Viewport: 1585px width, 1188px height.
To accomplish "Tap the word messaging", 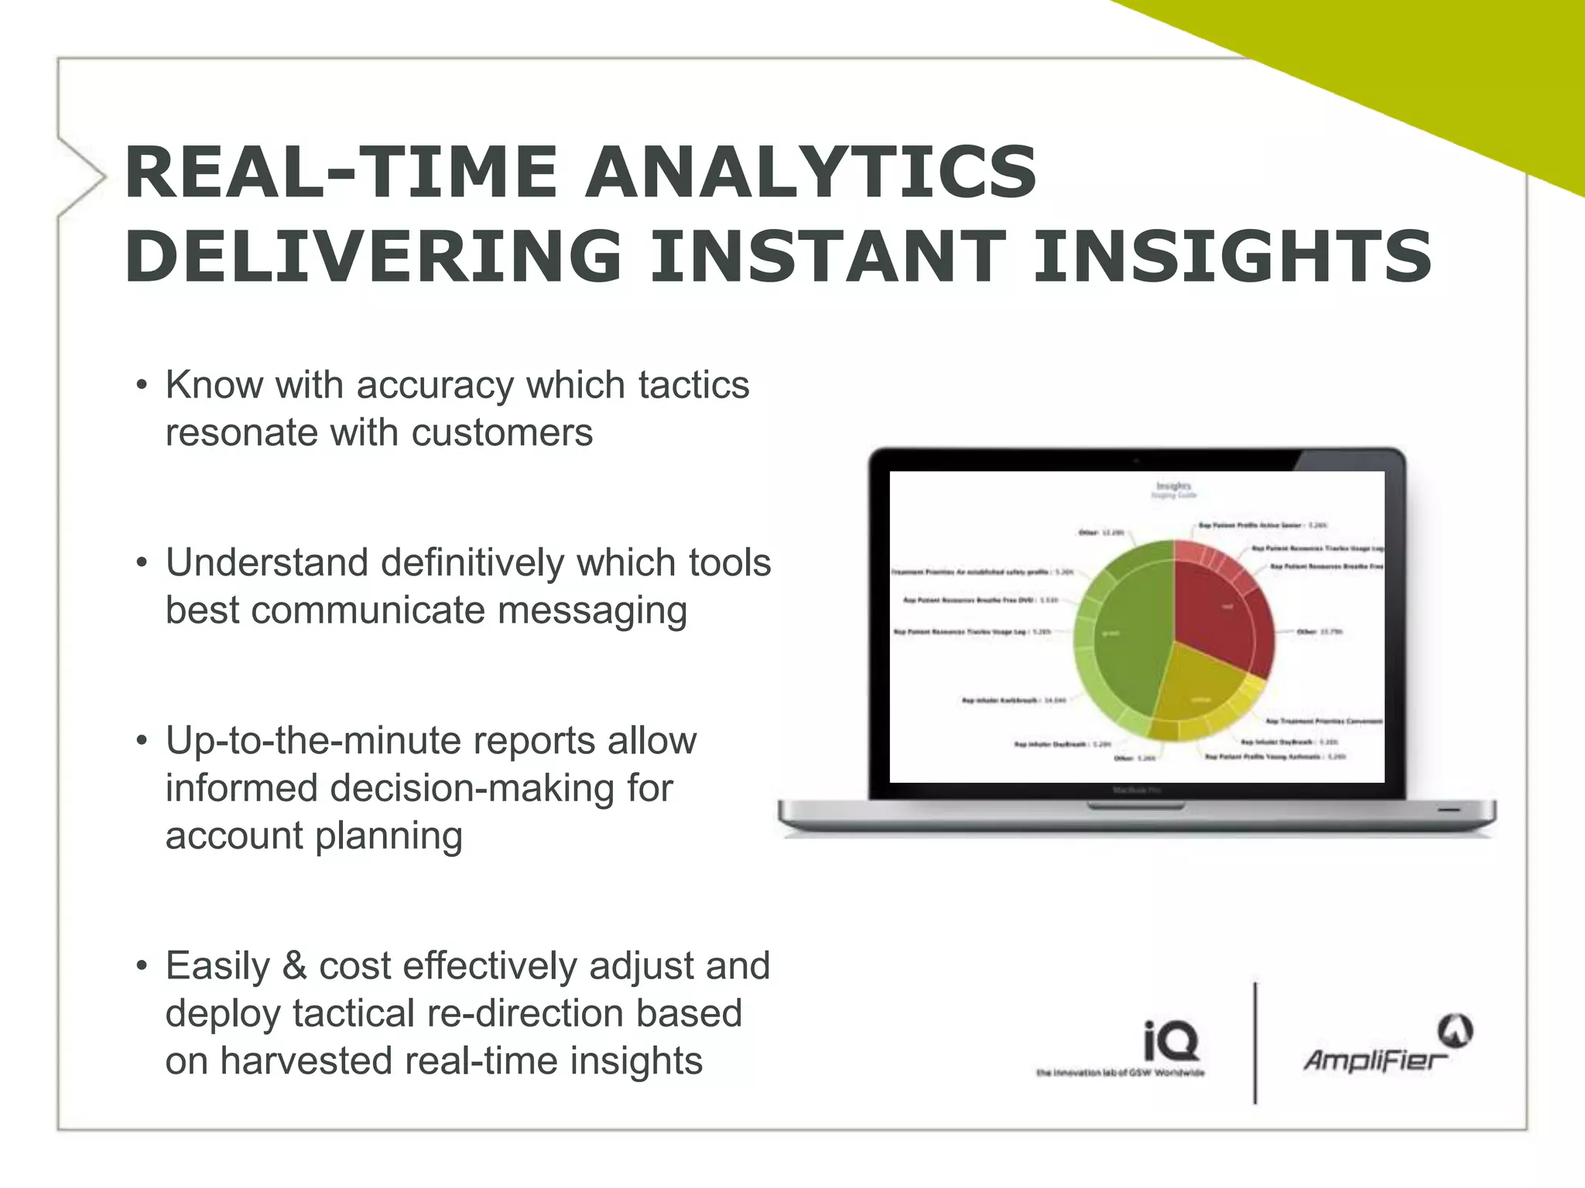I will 592,610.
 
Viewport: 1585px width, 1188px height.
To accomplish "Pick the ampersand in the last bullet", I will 294,966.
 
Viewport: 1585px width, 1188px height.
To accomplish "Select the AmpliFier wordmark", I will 1374,1060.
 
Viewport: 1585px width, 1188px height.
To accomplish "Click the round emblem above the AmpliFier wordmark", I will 1455,1031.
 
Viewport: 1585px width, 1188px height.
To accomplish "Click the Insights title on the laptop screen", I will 1173,486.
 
